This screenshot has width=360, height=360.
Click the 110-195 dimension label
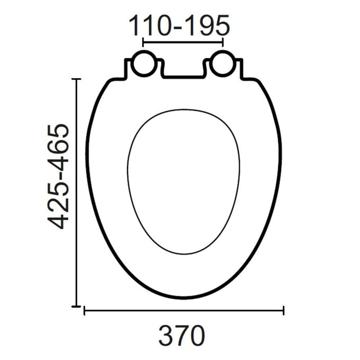[179, 25]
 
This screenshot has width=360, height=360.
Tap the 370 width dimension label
[182, 336]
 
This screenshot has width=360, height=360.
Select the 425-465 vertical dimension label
[58, 176]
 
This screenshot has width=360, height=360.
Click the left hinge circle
[144, 64]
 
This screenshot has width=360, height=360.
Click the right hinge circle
[222, 64]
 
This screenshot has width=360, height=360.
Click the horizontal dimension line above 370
[184, 310]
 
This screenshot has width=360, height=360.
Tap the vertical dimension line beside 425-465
[76, 193]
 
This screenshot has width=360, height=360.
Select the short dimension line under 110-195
[183, 42]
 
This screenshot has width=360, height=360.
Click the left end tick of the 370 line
[84, 310]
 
